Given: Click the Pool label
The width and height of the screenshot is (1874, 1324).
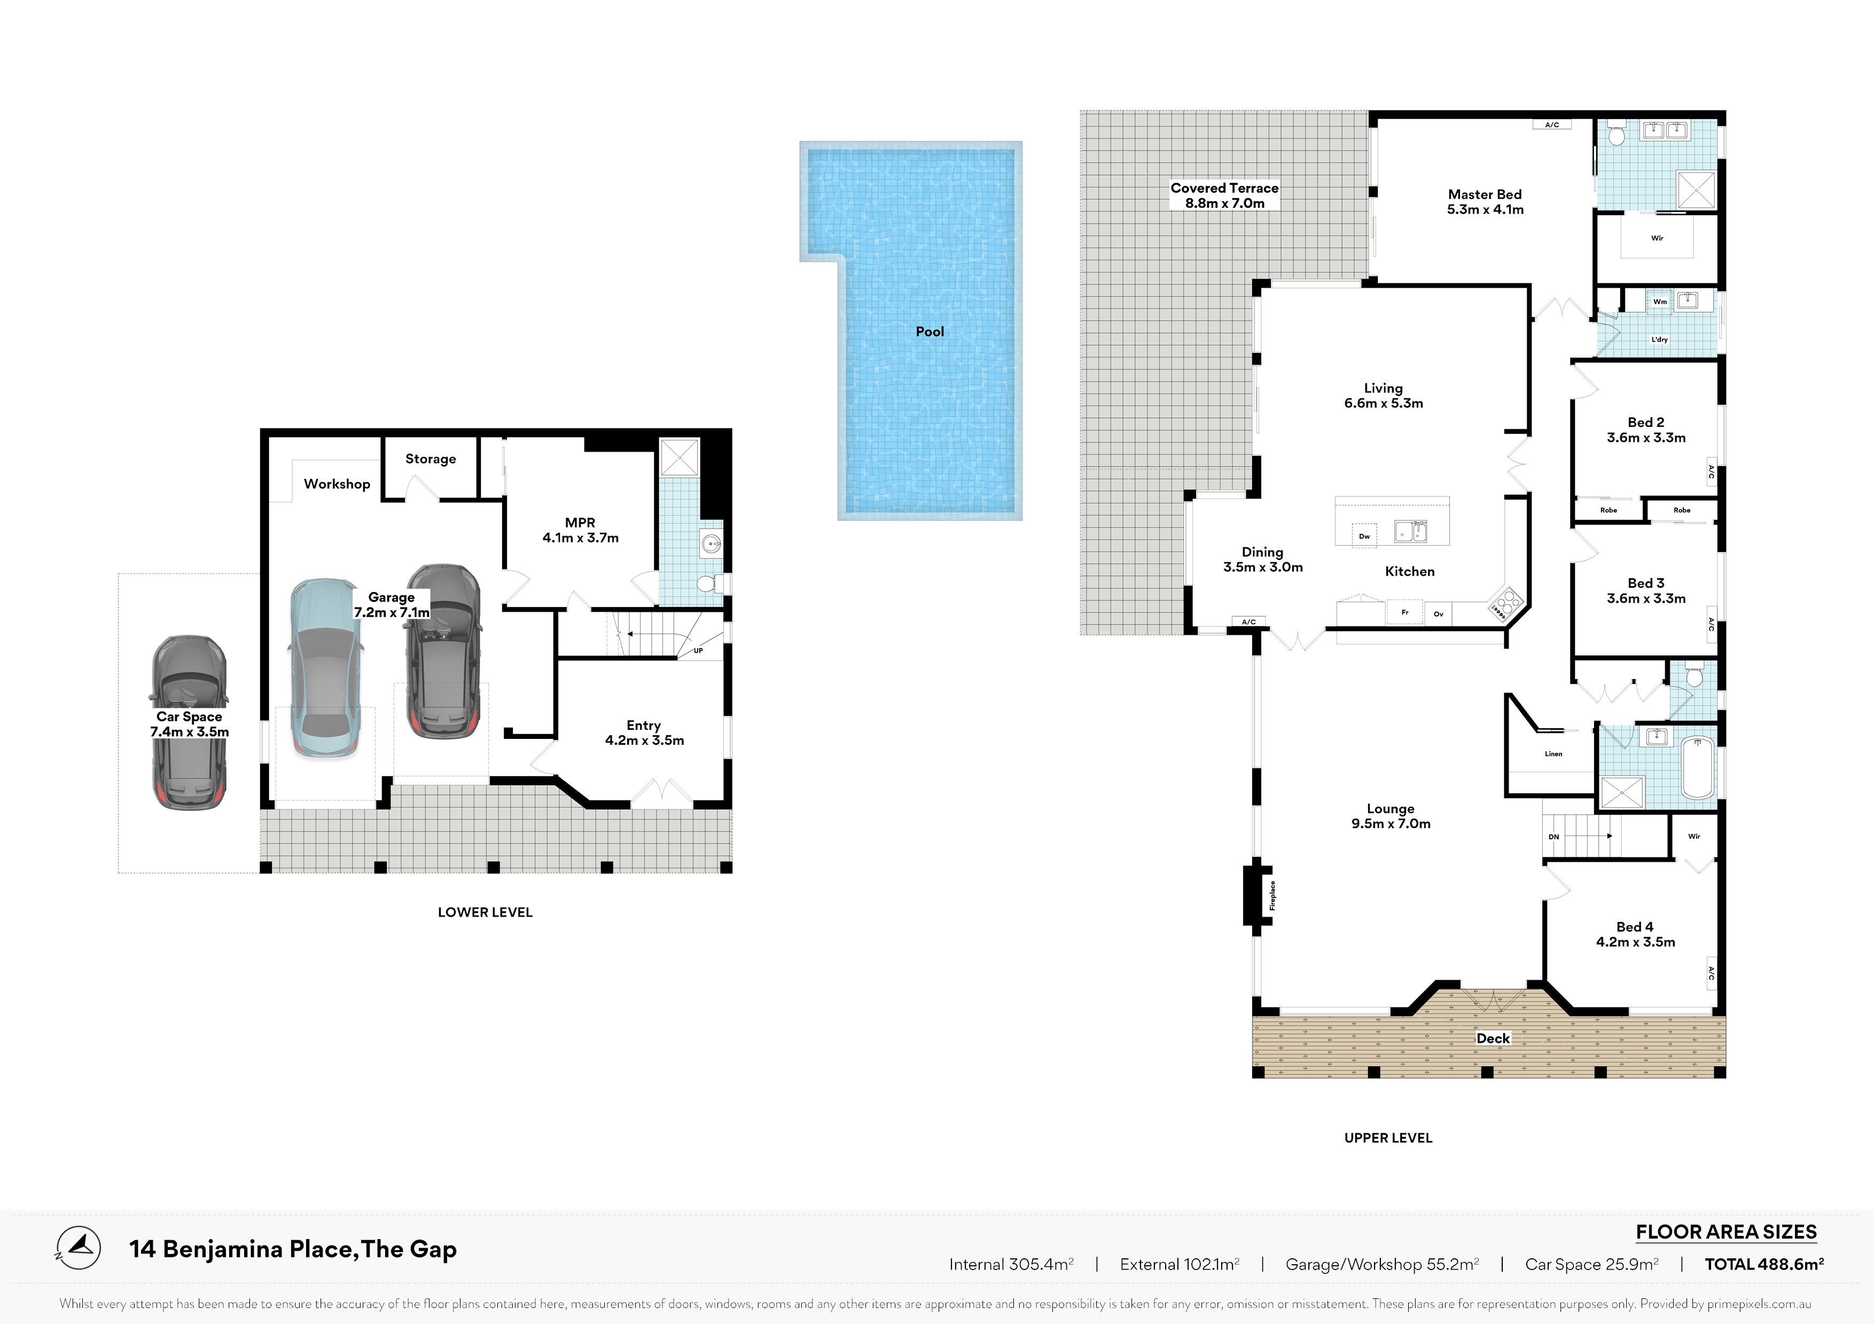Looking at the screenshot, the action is [x=930, y=331].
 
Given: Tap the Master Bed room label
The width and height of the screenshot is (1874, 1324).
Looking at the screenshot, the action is [x=1485, y=194].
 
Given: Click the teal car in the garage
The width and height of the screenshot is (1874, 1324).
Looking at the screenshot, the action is [x=325, y=669].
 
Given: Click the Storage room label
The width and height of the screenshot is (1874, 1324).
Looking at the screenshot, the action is [x=430, y=459].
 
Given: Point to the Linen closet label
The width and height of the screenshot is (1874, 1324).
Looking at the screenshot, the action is [x=1553, y=754].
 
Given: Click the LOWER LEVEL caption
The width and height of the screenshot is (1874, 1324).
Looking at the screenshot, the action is [x=485, y=912].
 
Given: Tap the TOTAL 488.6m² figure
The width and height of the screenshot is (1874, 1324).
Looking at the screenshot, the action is [x=1764, y=1264].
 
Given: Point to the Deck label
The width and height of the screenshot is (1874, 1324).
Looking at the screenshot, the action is [x=1493, y=1038].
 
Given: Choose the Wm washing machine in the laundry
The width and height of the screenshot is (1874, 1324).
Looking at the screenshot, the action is [x=1659, y=302].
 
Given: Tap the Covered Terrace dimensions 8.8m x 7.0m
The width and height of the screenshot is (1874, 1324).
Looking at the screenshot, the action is [x=1224, y=203].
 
